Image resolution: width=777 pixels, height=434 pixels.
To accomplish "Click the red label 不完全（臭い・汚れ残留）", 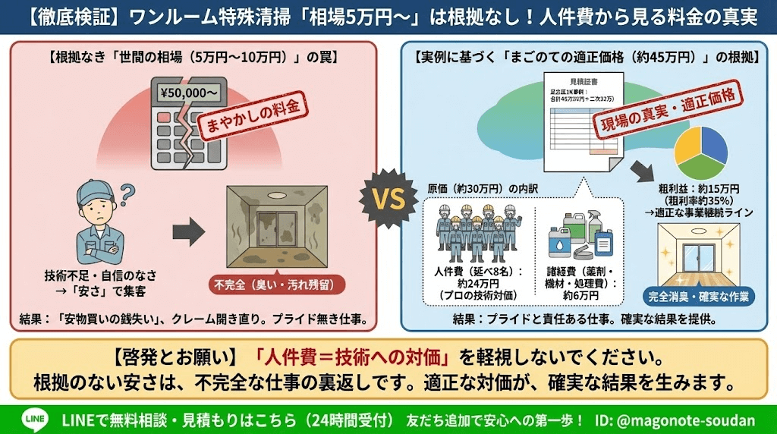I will click(276, 286).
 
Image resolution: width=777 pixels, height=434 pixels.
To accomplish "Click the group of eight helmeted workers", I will click(477, 231).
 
